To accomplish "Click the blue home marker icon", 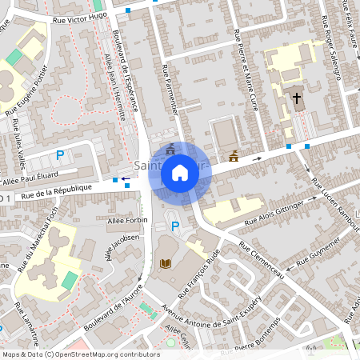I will (x=180, y=172).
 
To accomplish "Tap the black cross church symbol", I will (x=297, y=99).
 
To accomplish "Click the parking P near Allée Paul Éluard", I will (x=59, y=154).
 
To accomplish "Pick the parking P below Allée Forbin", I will (x=175, y=226).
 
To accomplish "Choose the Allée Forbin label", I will (x=127, y=218).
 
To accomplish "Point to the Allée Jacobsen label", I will (x=124, y=238).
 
